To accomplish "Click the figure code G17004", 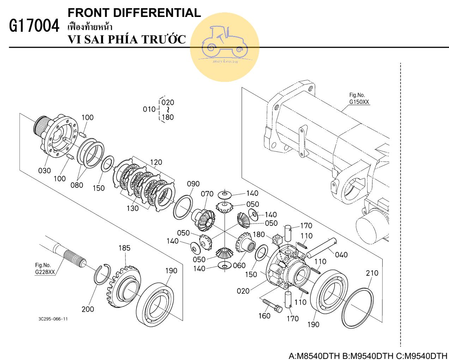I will [x=34, y=26].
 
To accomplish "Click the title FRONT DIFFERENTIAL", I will [x=134, y=13].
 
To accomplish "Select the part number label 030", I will [x=44, y=171].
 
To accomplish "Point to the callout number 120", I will [x=156, y=162].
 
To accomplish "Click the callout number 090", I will [x=193, y=184].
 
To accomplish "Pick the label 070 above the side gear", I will [x=207, y=194].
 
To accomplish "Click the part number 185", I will [x=124, y=248].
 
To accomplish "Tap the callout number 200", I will [x=87, y=309].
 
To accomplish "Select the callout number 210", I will [x=372, y=273].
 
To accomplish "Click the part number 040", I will [x=341, y=255].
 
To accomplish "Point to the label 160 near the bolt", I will [x=264, y=316].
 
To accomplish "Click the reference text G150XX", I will [x=359, y=102].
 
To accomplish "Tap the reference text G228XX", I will [x=45, y=272].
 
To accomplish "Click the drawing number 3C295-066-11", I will [x=53, y=319].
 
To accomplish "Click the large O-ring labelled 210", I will [x=357, y=308].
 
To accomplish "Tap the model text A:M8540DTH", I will [x=314, y=355].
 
